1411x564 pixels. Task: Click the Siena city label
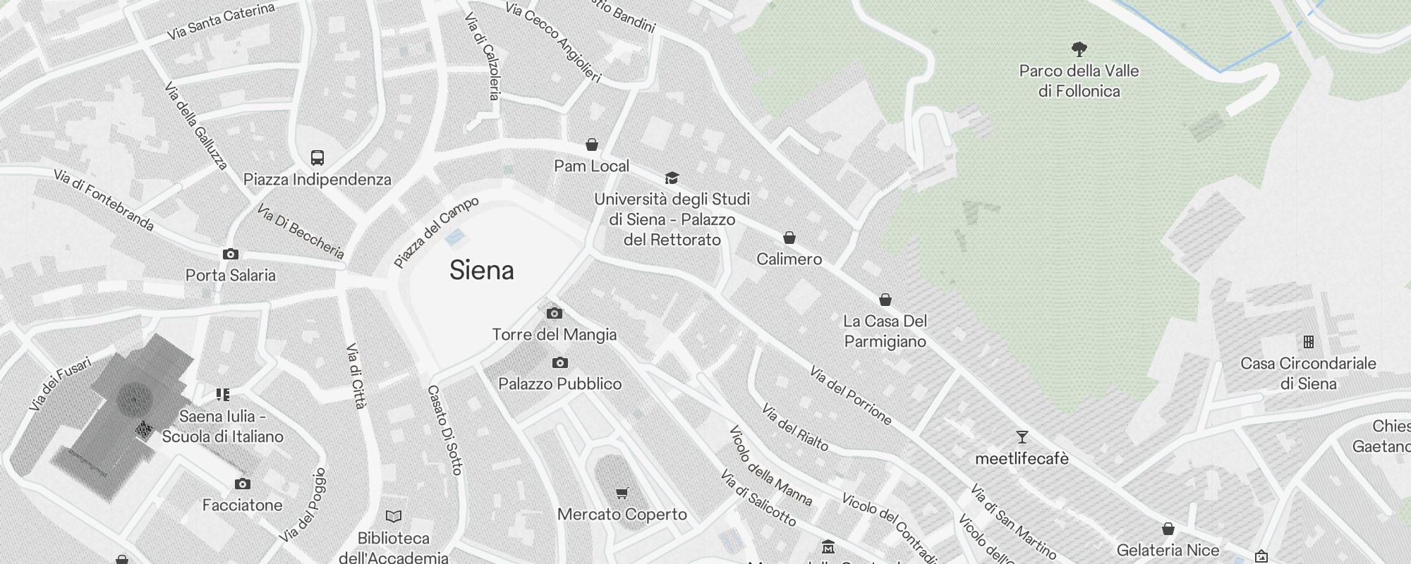coord(482,271)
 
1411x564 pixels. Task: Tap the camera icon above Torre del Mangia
coord(555,313)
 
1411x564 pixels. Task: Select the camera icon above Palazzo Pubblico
coord(560,363)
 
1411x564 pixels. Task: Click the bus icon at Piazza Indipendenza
coord(317,158)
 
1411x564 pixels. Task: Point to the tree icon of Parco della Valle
coord(1079,49)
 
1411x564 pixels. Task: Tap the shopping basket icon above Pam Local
coord(592,145)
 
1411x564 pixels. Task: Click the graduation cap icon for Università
coord(672,178)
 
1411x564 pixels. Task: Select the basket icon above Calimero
coord(789,238)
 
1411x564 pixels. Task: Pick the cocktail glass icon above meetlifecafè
coord(1022,437)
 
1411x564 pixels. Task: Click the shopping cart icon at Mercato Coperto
coord(622,493)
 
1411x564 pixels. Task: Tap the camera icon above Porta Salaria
coord(231,254)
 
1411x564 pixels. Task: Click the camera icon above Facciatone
coord(242,484)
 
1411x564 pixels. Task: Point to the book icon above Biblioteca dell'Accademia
coord(394,517)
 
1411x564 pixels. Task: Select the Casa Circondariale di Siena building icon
coord(1309,342)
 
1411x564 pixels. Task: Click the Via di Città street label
coord(356,376)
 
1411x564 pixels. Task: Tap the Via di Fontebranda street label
coord(104,200)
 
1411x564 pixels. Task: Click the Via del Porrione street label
coord(850,396)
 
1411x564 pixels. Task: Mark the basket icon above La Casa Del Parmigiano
coord(885,300)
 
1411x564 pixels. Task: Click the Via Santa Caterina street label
coord(220,22)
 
